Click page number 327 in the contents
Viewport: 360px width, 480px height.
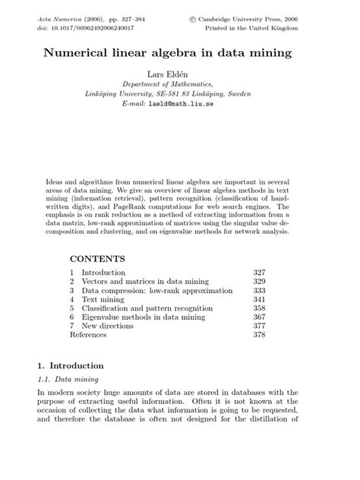[x=261, y=272]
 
